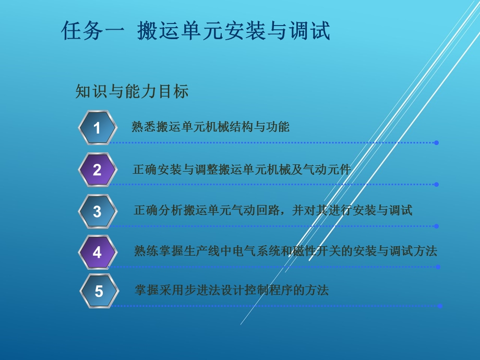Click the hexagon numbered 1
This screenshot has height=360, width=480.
(x=97, y=127)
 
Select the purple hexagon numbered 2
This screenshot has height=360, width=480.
(x=97, y=170)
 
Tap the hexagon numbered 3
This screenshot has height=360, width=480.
(x=97, y=211)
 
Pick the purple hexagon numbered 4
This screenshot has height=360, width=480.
(x=97, y=253)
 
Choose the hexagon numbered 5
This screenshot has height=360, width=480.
(x=99, y=291)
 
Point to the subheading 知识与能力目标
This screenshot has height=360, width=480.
(x=131, y=92)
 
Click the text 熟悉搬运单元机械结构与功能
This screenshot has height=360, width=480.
(x=210, y=127)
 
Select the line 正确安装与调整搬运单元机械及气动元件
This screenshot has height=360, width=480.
(x=242, y=169)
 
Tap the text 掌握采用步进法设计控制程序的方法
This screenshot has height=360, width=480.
(x=231, y=290)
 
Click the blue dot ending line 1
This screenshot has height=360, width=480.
(x=436, y=142)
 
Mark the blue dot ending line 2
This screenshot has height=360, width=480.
(x=436, y=184)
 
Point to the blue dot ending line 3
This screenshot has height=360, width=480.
(x=436, y=226)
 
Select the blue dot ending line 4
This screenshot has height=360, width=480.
(x=438, y=267)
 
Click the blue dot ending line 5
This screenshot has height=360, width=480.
(x=440, y=306)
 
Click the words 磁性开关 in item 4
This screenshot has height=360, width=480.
(x=324, y=251)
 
